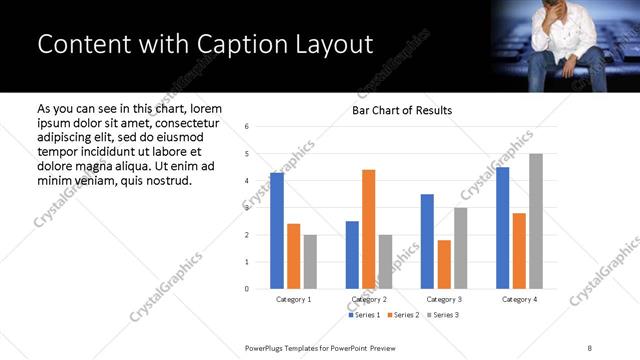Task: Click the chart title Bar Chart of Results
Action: (402, 110)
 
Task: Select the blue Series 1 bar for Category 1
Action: (277, 231)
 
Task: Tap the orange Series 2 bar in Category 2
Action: (369, 229)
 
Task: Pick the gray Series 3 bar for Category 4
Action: (536, 221)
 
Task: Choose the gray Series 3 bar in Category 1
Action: (310, 262)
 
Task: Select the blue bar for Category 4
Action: (503, 228)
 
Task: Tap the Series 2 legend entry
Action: (402, 315)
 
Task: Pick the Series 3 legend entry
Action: (441, 315)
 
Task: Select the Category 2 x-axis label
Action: (369, 299)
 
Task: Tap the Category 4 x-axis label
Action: (519, 299)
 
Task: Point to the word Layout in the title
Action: (328, 45)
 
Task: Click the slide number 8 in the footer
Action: (589, 347)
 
